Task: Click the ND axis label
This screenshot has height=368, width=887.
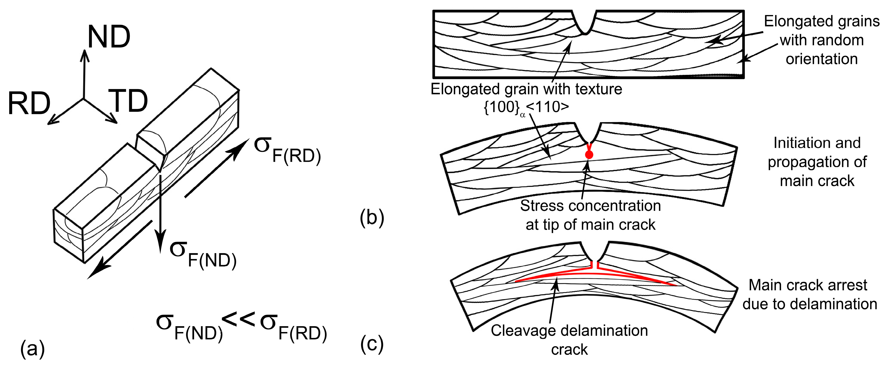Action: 109,37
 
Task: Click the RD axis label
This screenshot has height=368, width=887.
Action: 29,104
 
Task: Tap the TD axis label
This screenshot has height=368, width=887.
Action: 128,101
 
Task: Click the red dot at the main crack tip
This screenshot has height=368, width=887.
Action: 589,155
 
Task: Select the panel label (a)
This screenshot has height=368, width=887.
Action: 33,349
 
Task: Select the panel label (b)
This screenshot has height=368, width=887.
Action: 372,218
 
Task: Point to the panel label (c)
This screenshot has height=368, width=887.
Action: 372,344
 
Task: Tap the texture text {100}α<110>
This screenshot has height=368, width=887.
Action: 526,108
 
